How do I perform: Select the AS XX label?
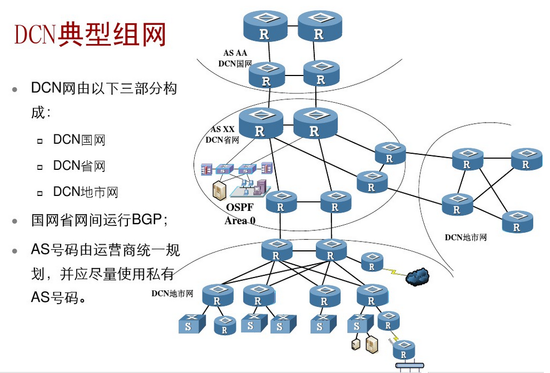222,129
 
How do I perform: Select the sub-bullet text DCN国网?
79,140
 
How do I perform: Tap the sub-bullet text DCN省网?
79,166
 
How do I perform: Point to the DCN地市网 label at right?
465,238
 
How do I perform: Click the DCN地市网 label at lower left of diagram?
172,293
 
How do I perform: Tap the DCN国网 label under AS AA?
234,64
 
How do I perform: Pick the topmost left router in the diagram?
265,26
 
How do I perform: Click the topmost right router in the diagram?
319,26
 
